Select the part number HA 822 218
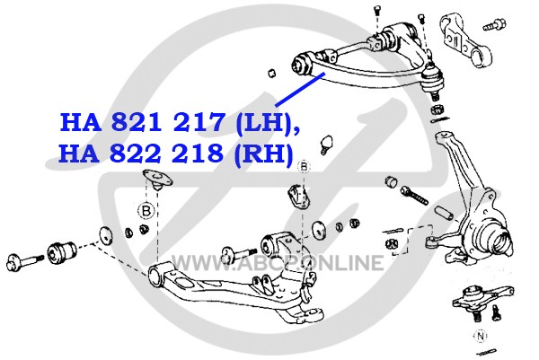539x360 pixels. click(x=141, y=153)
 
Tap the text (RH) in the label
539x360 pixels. click(x=263, y=154)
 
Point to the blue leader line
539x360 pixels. click(x=300, y=89)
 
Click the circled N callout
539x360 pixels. click(x=481, y=336)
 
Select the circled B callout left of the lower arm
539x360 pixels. click(x=146, y=210)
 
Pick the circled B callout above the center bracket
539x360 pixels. click(x=304, y=167)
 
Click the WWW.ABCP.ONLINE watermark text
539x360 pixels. click(x=277, y=263)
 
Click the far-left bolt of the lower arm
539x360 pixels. click(x=23, y=262)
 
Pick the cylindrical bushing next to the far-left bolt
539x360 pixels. click(x=62, y=253)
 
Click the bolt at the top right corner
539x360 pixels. click(x=494, y=25)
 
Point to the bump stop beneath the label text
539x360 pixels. click(x=326, y=144)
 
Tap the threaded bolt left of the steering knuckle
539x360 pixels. click(x=414, y=195)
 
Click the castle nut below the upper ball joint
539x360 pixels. click(x=437, y=110)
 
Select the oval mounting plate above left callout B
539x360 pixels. click(x=157, y=179)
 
